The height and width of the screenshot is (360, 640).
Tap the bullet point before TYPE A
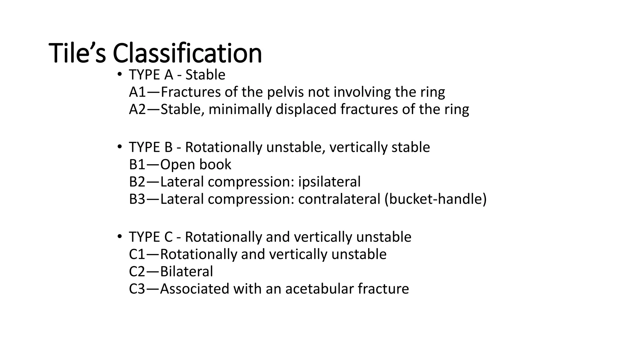click(x=119, y=75)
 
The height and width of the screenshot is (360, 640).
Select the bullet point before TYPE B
click(x=119, y=147)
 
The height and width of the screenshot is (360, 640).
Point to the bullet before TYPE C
click(x=119, y=237)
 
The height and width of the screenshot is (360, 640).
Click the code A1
click(x=137, y=92)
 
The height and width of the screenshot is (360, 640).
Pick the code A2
click(x=137, y=109)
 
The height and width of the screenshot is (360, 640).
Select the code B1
click(x=137, y=165)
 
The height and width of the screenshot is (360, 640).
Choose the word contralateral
click(x=339, y=199)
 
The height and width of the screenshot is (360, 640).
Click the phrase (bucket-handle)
click(x=435, y=199)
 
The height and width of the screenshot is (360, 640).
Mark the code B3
click(x=137, y=199)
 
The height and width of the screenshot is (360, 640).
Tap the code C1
click(x=137, y=254)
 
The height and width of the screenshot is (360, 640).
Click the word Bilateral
click(x=186, y=271)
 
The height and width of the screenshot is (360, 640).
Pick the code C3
click(x=137, y=288)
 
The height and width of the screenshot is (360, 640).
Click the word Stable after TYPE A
click(x=205, y=75)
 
